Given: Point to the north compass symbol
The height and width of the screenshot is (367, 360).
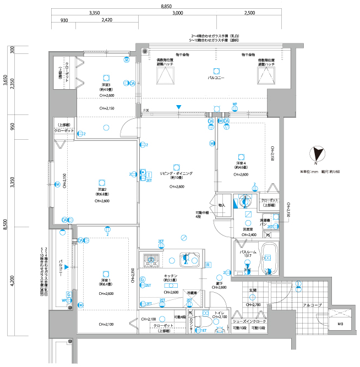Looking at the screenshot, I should [317, 155].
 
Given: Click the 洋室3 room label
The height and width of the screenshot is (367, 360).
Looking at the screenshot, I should [106, 85].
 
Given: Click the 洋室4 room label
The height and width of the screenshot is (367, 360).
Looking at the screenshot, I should [242, 164].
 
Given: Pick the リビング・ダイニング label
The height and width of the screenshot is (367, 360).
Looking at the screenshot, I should [176, 173].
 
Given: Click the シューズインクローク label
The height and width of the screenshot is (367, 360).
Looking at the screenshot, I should [249, 321].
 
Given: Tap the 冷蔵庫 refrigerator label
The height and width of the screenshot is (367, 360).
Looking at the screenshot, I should [192, 293].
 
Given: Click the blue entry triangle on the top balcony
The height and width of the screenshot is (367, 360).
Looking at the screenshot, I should [178, 107].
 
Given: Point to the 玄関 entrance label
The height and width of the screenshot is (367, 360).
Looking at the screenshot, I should [253, 290].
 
